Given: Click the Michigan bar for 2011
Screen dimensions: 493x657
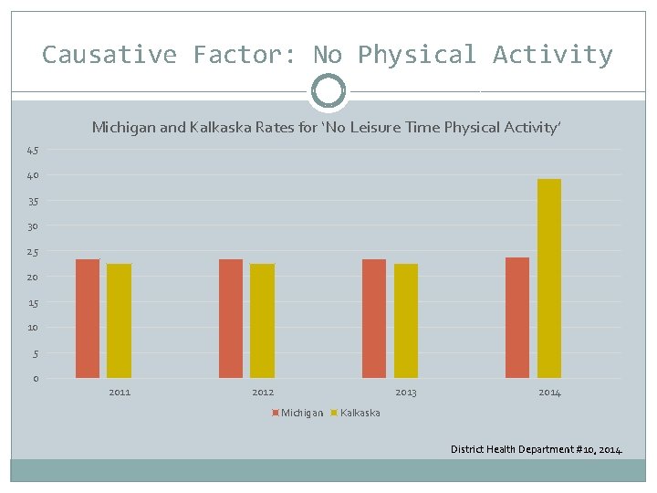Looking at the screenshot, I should [88, 318].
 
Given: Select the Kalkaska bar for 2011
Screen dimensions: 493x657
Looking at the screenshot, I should [120, 320].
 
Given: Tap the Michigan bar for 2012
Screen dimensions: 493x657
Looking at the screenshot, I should [231, 318].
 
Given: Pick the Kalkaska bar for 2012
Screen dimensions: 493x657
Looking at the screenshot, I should [263, 320].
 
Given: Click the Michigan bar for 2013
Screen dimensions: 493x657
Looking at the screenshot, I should [374, 318].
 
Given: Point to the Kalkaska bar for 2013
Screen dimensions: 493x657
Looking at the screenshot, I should [406, 320].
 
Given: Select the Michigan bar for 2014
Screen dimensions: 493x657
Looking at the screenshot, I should [517, 317].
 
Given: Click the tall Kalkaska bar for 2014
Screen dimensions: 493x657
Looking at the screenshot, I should [549, 278].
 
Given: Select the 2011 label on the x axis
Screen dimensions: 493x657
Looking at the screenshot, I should [120, 393].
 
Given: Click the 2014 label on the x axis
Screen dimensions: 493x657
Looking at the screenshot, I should [549, 393].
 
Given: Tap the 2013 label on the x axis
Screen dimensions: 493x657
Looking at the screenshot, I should [406, 393].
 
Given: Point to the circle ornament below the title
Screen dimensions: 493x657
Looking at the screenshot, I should [328, 91].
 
